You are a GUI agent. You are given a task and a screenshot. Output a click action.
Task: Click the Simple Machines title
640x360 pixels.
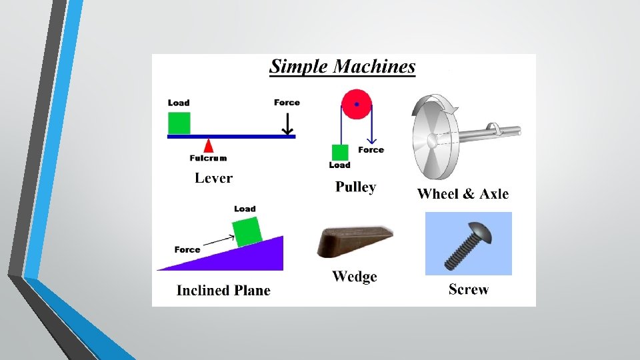pos(342,67)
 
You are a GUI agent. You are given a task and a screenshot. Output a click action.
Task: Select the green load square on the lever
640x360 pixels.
pos(179,123)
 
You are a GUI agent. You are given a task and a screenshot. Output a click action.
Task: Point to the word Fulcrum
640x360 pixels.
pos(208,158)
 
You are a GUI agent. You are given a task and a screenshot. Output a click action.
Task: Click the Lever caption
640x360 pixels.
pos(213,178)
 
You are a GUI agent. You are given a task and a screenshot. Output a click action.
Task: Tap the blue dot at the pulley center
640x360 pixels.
pos(357,104)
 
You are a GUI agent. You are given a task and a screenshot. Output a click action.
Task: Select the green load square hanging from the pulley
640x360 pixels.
pos(339,153)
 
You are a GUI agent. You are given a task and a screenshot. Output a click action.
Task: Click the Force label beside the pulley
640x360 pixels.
pos(371,150)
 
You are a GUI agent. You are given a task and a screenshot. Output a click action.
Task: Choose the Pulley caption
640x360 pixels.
pos(355,187)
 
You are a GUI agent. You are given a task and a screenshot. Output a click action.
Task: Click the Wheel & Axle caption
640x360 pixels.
pos(463,194)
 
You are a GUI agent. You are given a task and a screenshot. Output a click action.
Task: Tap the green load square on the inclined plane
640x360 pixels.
pos(245,231)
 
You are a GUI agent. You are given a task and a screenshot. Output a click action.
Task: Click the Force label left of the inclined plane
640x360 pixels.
pos(187,250)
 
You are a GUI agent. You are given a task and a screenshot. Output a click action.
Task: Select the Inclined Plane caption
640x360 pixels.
pos(223,291)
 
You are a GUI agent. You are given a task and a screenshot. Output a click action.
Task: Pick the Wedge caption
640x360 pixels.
pos(355,277)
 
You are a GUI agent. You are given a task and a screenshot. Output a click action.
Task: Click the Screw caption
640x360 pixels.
pos(469,289)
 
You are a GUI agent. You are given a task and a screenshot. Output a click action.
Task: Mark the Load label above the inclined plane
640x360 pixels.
pos(245,209)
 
